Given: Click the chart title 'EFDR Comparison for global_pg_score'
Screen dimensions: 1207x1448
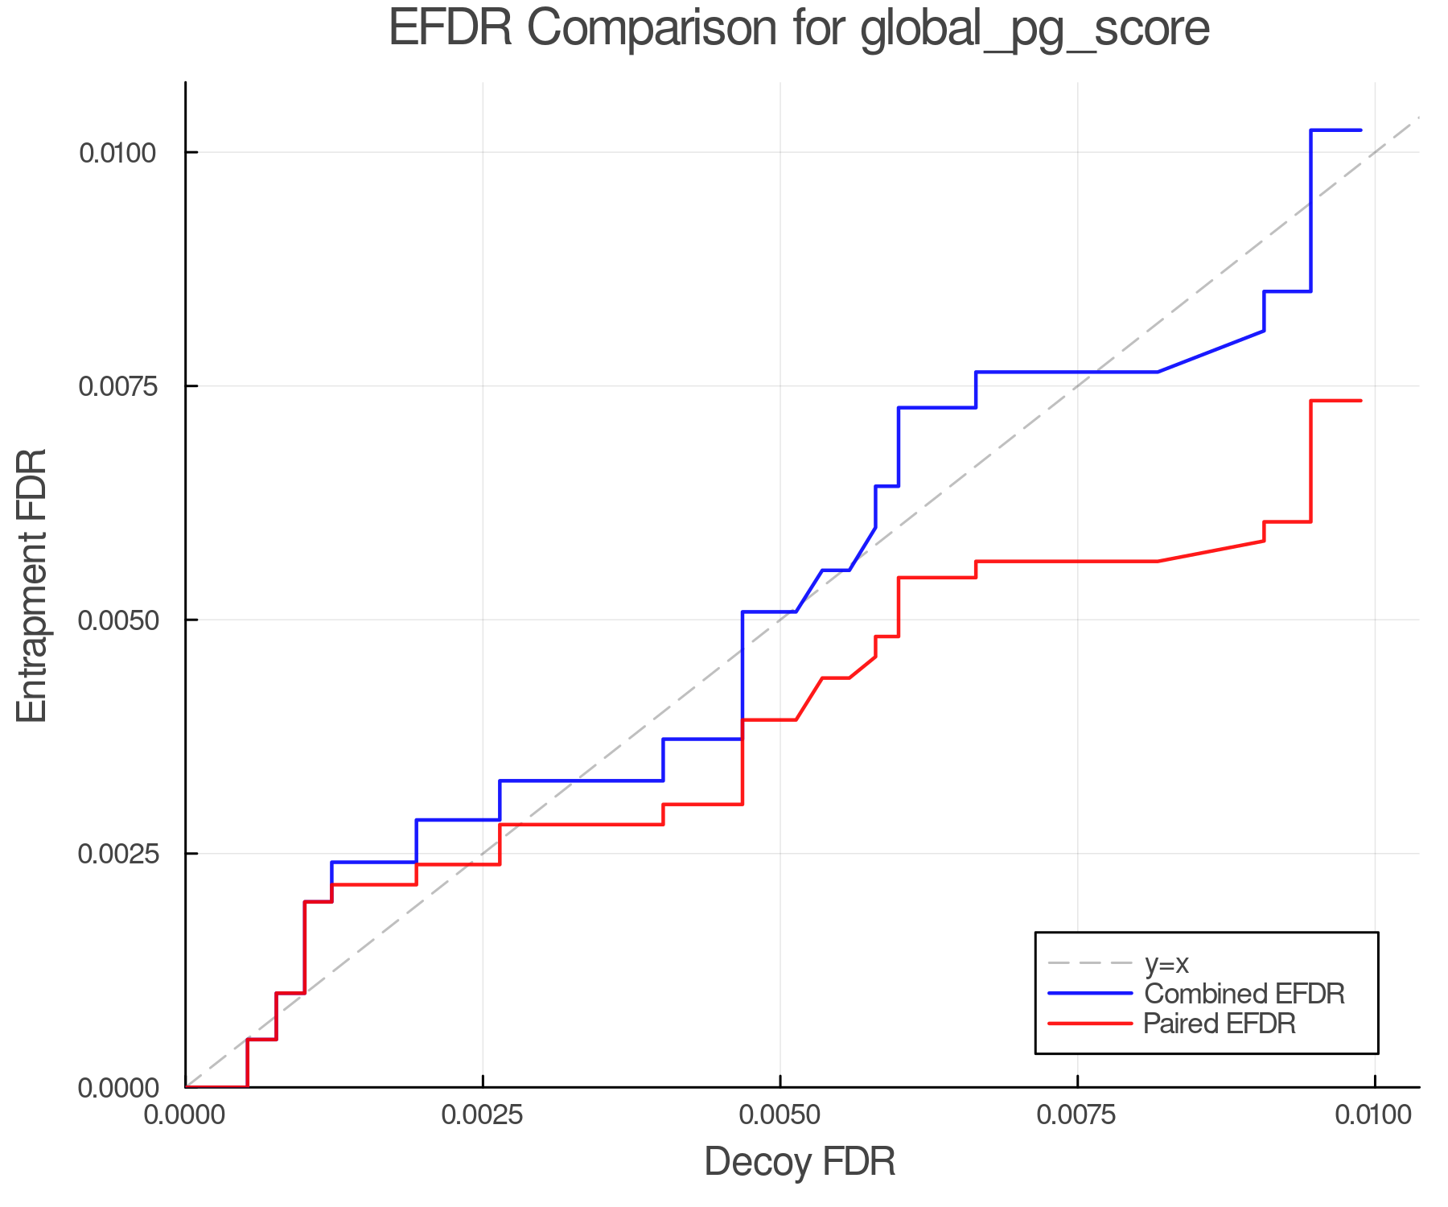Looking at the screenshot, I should click(x=799, y=29).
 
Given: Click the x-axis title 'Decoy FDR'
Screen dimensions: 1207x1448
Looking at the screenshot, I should click(x=800, y=1162).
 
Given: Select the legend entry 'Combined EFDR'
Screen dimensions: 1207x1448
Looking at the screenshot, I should click(x=1244, y=994).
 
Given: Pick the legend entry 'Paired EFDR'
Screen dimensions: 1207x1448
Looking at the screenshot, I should click(x=1220, y=1024).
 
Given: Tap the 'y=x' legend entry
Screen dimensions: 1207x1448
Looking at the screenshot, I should click(x=1166, y=964).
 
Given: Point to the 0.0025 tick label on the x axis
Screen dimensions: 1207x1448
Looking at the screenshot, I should click(x=483, y=1114).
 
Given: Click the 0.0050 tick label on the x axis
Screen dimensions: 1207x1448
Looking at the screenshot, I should click(x=780, y=1114).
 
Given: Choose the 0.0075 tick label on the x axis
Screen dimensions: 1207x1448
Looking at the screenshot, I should click(x=1077, y=1114).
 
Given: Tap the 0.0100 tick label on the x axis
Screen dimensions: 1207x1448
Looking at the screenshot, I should click(x=1374, y=1114).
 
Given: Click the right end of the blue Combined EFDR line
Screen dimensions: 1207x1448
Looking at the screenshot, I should click(x=1360, y=130).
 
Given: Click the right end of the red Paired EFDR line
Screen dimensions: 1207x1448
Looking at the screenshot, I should click(x=1360, y=401).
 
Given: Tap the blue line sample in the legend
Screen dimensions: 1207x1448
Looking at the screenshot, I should click(x=1090, y=994).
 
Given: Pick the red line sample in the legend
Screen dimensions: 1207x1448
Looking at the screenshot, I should click(x=1090, y=1024).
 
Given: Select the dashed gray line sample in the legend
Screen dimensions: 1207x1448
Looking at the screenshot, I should click(x=1090, y=964).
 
